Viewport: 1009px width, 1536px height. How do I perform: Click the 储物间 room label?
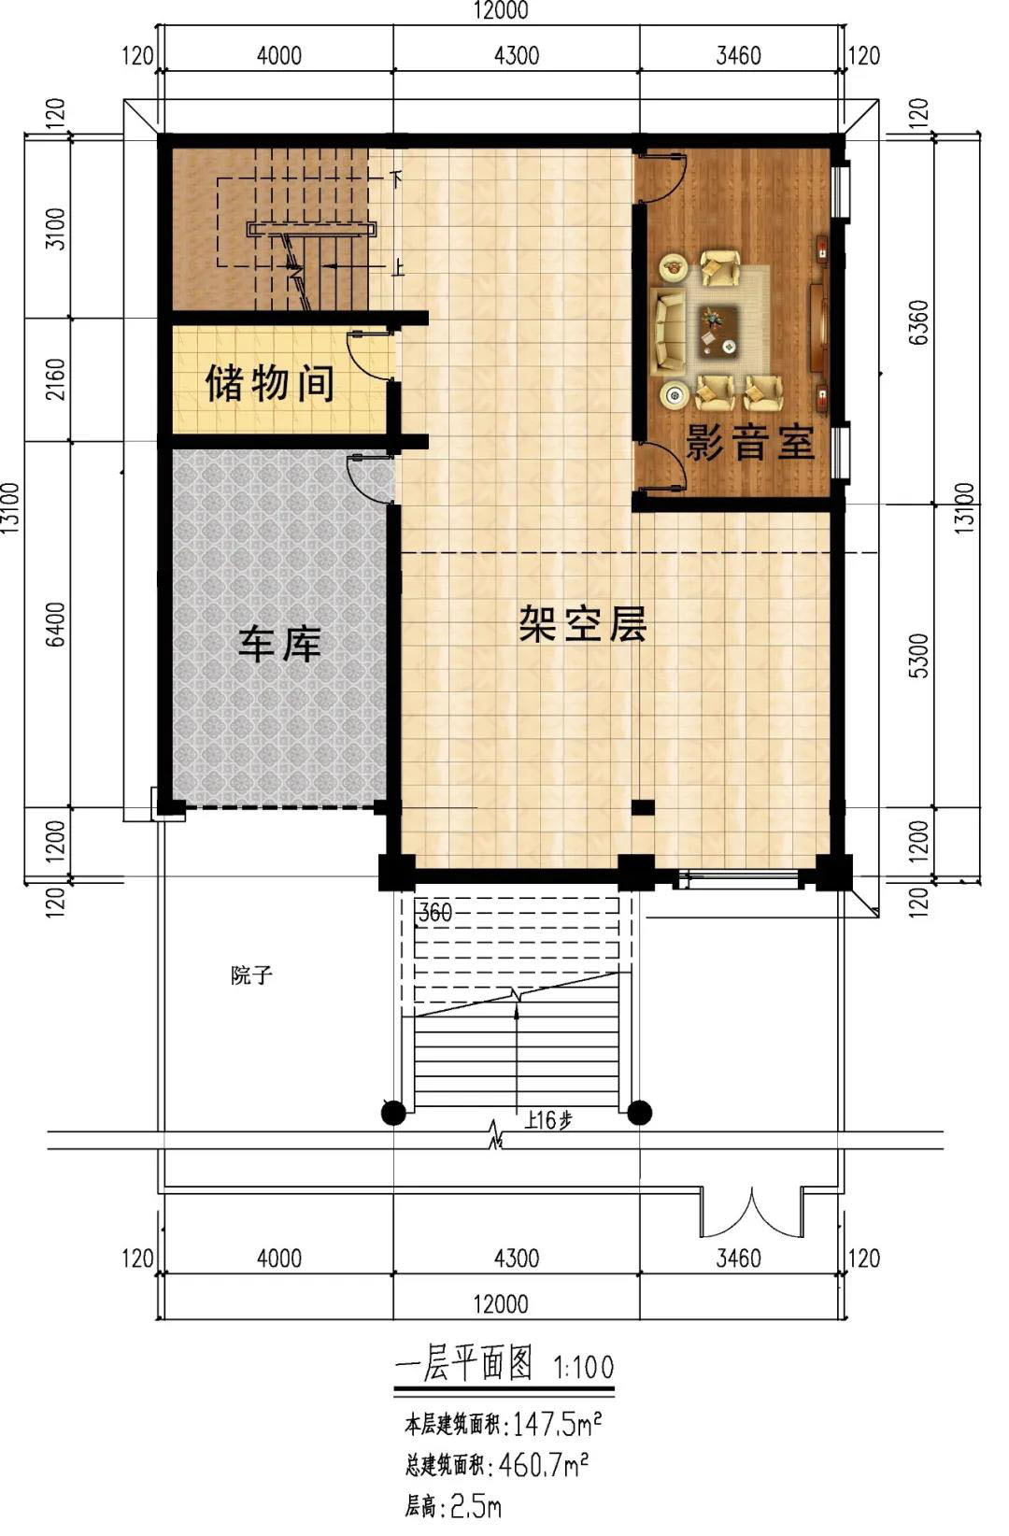[269, 383]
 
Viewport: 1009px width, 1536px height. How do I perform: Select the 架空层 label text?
[583, 623]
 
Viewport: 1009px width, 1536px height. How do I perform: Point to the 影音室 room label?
[750, 442]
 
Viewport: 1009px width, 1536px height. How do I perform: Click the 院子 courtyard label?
[251, 974]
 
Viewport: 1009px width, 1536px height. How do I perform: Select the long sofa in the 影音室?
[668, 331]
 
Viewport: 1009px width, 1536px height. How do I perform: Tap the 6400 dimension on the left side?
[55, 624]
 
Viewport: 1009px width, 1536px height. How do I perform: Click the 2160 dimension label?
[55, 379]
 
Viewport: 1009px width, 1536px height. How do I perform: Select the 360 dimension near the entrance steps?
[435, 913]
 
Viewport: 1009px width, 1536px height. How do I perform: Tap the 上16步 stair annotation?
[547, 1120]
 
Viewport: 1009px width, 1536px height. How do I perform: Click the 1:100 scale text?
[583, 1367]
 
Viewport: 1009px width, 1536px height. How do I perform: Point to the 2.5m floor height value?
[476, 1506]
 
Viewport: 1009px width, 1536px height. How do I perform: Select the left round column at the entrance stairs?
[393, 1113]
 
